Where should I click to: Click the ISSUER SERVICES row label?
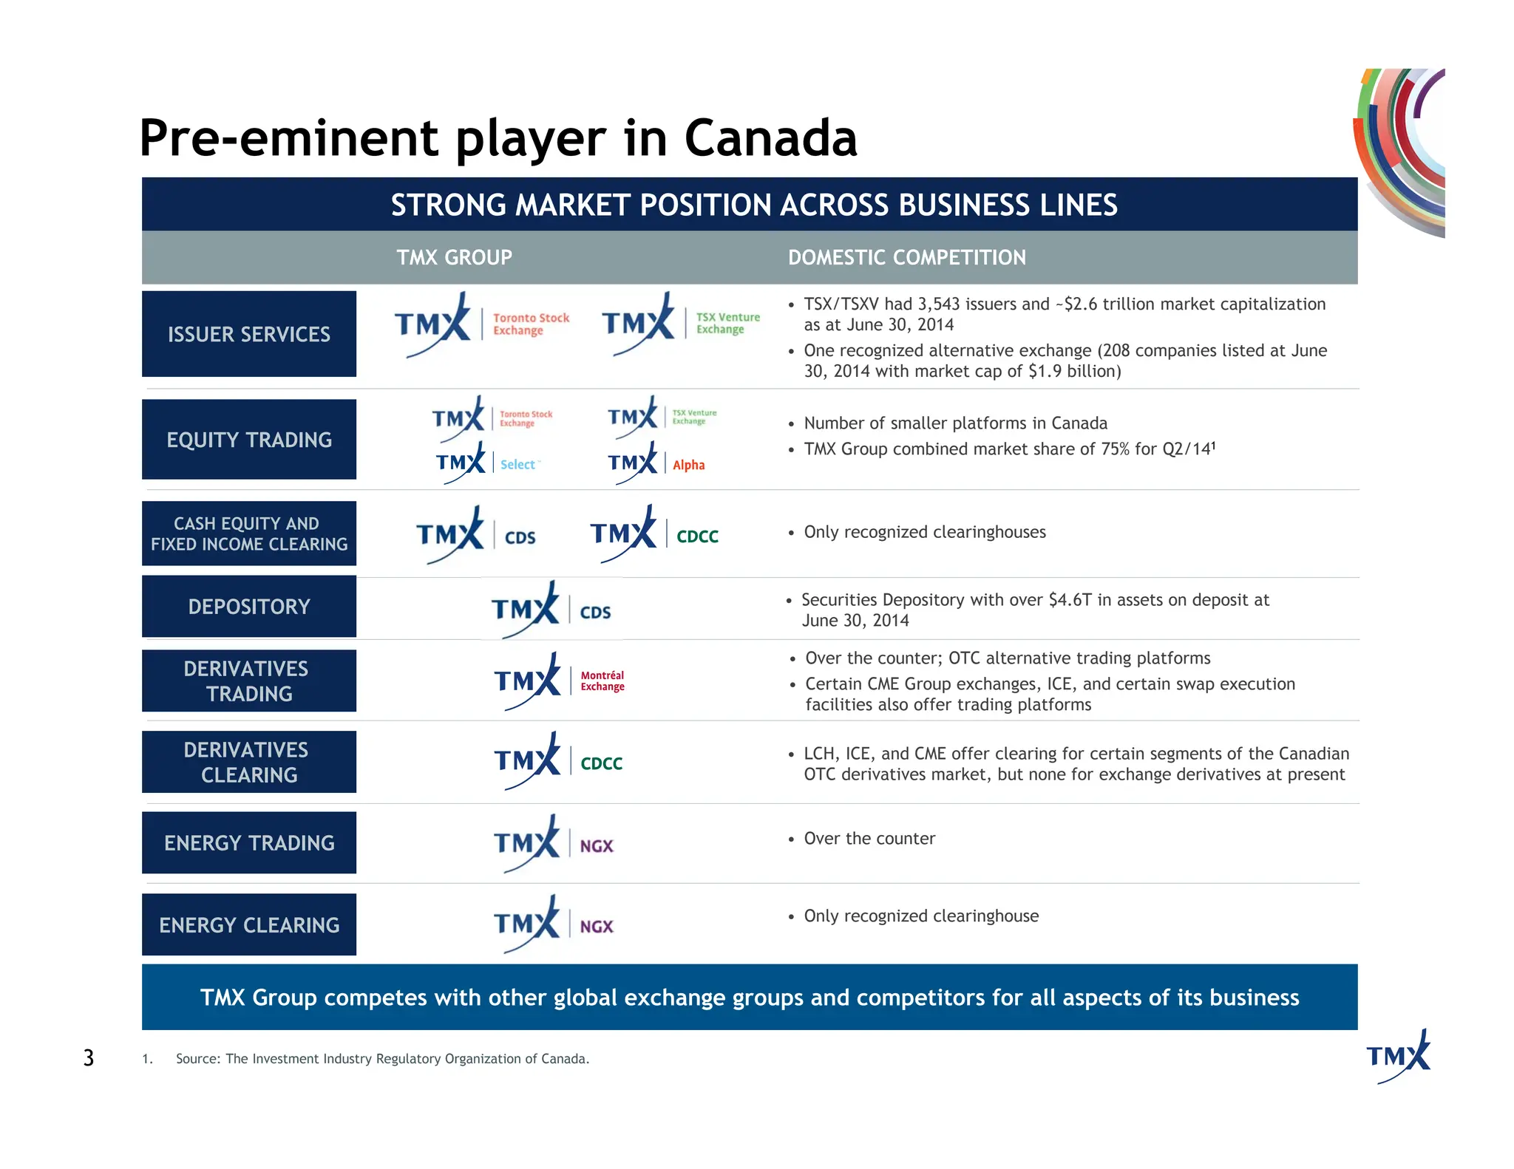tap(249, 334)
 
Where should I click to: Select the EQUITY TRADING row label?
tap(249, 440)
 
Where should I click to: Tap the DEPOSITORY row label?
tap(249, 607)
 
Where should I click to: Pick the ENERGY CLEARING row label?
tap(249, 924)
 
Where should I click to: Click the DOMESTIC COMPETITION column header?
tap(906, 257)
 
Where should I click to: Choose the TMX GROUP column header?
tap(454, 257)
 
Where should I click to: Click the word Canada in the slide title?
tap(770, 138)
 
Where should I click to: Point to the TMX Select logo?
tap(488, 463)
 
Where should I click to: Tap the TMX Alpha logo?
tap(656, 463)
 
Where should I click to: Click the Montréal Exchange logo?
tap(560, 681)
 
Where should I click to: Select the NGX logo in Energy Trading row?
tap(554, 844)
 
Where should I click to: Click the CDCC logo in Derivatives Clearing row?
tap(559, 762)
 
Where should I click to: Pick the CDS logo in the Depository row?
tap(551, 610)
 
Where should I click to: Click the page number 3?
tap(89, 1058)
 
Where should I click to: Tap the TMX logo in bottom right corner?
tap(1398, 1056)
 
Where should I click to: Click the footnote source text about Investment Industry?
tap(382, 1059)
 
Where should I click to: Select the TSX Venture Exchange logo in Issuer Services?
tap(681, 324)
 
